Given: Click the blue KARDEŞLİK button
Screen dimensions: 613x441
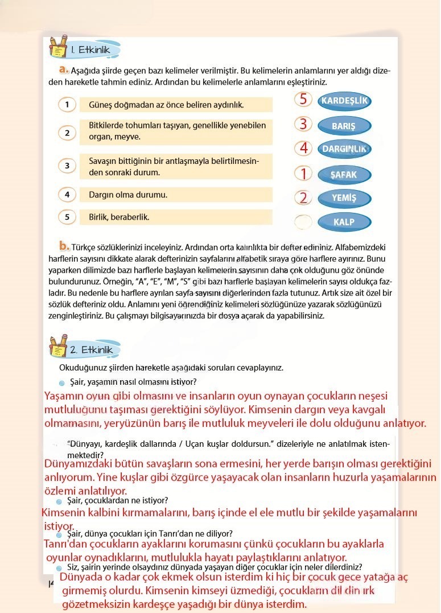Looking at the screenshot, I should (x=344, y=101).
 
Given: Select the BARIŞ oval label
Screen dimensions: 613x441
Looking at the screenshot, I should (x=343, y=126).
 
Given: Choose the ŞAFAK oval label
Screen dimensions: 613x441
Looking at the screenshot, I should (x=343, y=174).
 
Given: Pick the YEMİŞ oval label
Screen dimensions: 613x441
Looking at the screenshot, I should (x=343, y=198).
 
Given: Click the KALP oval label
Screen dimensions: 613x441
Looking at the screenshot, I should (x=343, y=222).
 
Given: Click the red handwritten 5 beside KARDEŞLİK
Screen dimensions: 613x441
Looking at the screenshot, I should (x=304, y=99).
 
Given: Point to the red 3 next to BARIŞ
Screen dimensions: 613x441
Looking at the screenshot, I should (x=304, y=124).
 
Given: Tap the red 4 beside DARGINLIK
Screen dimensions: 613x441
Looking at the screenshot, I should (x=304, y=148).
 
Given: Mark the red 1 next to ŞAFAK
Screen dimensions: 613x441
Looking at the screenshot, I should (x=304, y=173).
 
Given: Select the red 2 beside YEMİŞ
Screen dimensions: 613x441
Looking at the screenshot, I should (x=304, y=198).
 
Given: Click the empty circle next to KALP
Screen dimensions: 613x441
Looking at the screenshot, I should (x=304, y=221).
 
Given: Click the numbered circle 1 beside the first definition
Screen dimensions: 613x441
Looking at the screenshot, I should (x=67, y=105).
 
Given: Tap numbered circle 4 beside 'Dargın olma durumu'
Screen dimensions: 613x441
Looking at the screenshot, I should (x=67, y=195).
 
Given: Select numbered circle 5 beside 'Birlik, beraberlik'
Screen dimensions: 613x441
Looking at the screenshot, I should (x=67, y=217).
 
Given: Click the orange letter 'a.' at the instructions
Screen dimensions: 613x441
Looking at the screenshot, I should (x=64, y=69).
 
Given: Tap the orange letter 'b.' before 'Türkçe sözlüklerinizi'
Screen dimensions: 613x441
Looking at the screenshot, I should (x=64, y=246).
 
